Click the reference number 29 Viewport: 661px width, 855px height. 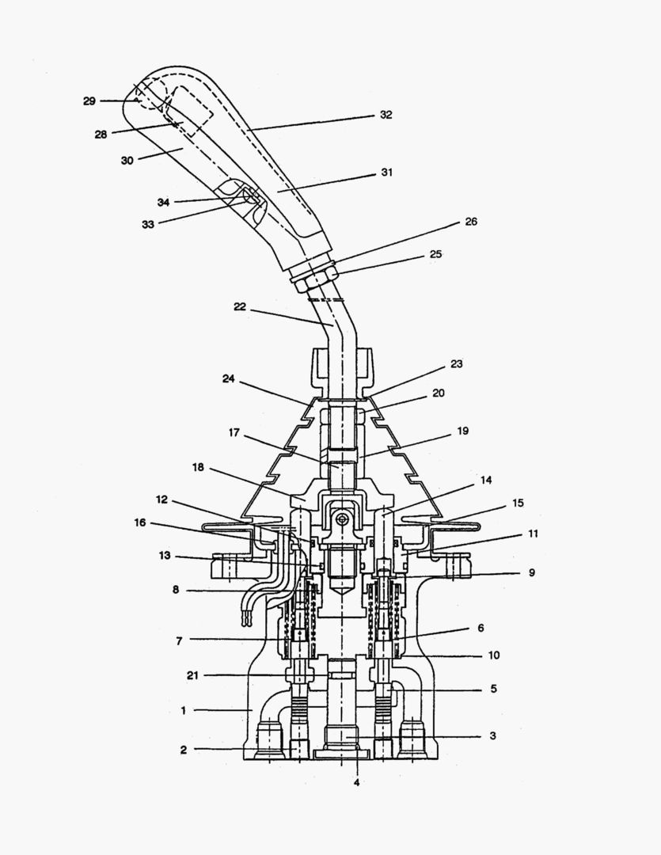coord(89,101)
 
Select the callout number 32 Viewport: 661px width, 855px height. coord(386,115)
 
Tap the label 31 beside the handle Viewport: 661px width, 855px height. coord(387,172)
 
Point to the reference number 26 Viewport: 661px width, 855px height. coord(471,222)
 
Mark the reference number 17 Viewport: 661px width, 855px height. coord(235,434)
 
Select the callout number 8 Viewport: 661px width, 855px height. coord(177,589)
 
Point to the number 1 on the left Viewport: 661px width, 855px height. coord(183,710)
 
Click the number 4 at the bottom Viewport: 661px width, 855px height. coord(356,783)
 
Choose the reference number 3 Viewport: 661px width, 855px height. coord(492,736)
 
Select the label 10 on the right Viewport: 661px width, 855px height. coord(492,655)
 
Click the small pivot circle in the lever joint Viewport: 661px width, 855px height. coord(341,519)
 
